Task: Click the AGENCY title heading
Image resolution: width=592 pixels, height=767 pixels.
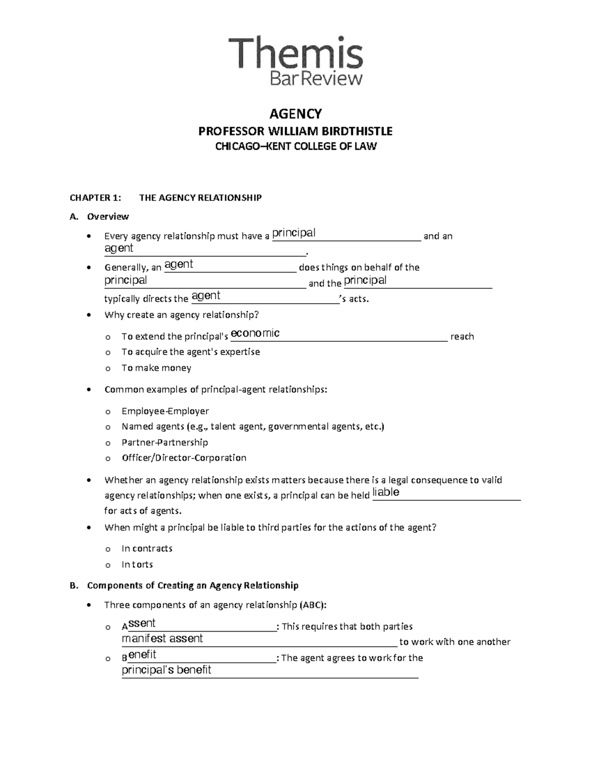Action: pos(296,114)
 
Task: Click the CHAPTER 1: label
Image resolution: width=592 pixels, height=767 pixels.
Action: pos(95,198)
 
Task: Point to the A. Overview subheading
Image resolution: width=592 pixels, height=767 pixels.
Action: pos(108,216)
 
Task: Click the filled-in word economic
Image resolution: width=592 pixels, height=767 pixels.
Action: pos(255,333)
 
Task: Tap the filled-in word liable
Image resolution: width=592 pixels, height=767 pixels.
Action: pos(386,492)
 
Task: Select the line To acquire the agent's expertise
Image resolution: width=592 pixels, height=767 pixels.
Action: pos(190,352)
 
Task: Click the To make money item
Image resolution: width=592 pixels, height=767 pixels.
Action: pos(156,368)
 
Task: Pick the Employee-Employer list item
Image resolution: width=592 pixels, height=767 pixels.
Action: pos(165,411)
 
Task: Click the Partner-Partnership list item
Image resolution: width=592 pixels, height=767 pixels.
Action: pos(165,443)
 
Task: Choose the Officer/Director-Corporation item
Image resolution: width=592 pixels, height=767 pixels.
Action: pos(184,458)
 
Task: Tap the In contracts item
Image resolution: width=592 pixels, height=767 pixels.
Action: pos(147,549)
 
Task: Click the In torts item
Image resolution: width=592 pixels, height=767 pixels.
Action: pos(137,565)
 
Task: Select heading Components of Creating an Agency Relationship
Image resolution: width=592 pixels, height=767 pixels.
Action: pos(192,586)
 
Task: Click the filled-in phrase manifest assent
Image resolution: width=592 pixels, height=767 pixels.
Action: pos(162,639)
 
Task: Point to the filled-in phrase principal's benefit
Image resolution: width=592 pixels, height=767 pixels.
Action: pos(166,670)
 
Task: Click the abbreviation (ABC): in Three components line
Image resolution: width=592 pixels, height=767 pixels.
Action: pos(312,605)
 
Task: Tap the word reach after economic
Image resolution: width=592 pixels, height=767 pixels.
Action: pos(462,337)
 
